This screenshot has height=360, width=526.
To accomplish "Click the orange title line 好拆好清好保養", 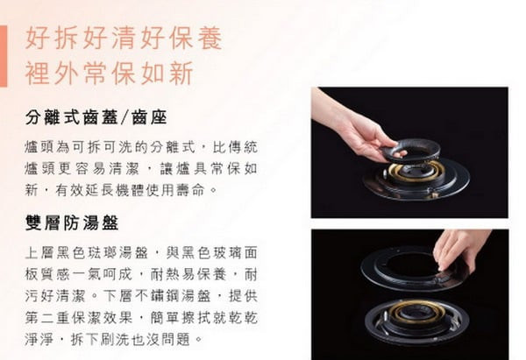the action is pyautogui.click(x=124, y=38).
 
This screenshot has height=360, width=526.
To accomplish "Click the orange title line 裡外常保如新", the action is pyautogui.click(x=109, y=73).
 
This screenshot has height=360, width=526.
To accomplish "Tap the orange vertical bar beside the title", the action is pyautogui.click(x=4, y=56).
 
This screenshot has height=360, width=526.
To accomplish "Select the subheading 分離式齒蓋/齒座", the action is pyautogui.click(x=96, y=117).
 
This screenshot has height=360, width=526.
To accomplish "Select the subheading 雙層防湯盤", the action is pyautogui.click(x=72, y=222).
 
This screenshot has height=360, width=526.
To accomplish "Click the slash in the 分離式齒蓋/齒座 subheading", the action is pyautogui.click(x=124, y=117).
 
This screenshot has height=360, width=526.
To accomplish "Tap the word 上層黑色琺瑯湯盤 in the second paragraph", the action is pyautogui.click(x=86, y=252).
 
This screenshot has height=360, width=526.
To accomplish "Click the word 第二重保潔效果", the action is pyautogui.click(x=79, y=318).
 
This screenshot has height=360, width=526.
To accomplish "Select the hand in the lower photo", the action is pyautogui.click(x=461, y=250).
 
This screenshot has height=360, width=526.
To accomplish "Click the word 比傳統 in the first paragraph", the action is pyautogui.click(x=235, y=147).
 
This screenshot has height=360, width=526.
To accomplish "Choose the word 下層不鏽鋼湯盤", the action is pyautogui.click(x=157, y=296).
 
